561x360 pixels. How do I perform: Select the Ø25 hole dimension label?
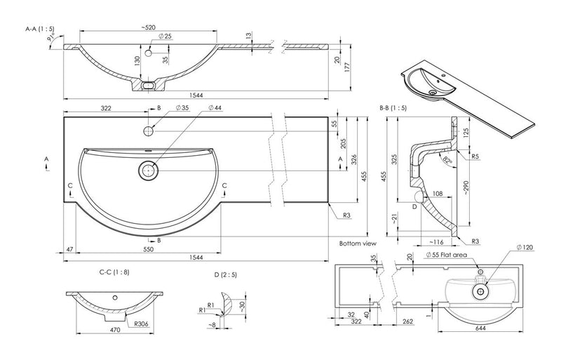pos(165,36)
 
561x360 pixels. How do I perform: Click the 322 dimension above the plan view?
pos(106,110)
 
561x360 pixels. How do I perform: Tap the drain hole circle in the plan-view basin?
pos(149,169)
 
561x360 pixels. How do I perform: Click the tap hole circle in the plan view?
pos(149,130)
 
